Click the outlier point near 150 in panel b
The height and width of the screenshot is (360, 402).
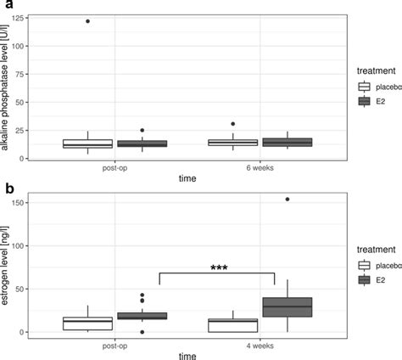coord(288,200)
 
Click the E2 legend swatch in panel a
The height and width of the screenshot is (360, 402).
coord(365,100)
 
